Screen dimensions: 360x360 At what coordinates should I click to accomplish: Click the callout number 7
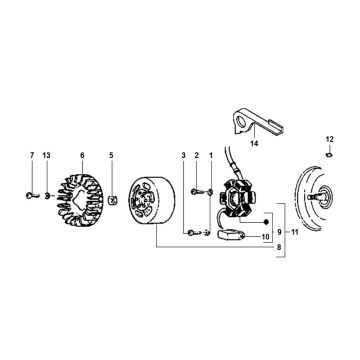coord(32,155)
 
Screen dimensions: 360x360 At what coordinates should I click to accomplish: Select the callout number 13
coord(47,155)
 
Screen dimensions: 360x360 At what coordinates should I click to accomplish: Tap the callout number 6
coord(82,155)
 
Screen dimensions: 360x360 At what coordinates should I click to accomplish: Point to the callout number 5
coord(111,155)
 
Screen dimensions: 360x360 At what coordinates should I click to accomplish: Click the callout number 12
coord(329,139)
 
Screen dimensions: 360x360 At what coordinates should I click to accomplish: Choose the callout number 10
coord(265,237)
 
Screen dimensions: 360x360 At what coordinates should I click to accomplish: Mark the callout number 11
coord(294,232)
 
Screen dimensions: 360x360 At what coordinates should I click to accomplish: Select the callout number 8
coord(279,247)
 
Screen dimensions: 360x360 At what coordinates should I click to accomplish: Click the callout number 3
coord(183,155)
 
